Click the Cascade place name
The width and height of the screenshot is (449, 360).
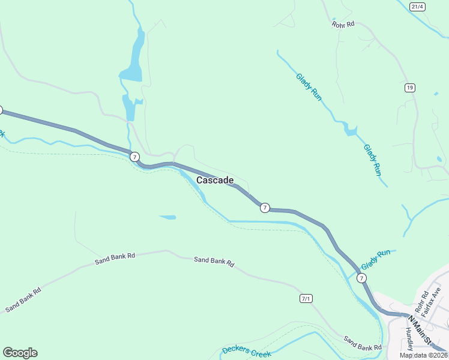point(215,180)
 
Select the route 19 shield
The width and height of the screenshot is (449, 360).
point(409,88)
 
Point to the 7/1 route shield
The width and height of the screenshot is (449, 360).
point(306,298)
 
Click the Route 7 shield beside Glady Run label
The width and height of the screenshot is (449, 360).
point(361,278)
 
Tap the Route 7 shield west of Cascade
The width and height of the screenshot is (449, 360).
point(134,156)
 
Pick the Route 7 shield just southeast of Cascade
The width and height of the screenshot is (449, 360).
point(265,208)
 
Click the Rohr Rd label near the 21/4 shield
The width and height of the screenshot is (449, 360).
point(343,25)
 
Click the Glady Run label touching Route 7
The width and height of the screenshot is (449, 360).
point(376,259)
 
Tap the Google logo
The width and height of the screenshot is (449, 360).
point(20,353)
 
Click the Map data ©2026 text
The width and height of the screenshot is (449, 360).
point(423,355)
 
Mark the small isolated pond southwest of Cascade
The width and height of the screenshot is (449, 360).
point(168,217)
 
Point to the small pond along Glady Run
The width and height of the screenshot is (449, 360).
point(350,130)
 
